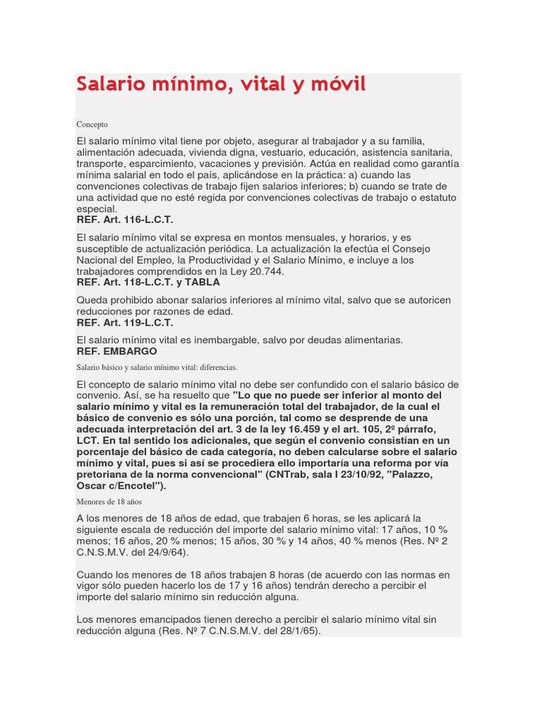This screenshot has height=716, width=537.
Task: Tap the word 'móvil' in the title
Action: (336, 85)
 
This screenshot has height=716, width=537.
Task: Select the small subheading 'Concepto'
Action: (92, 124)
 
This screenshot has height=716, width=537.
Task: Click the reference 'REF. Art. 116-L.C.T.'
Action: (124, 220)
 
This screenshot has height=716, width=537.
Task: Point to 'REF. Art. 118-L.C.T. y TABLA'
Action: (148, 282)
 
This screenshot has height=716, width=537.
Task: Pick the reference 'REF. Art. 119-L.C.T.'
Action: (124, 322)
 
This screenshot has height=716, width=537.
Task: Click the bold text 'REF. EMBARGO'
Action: (117, 351)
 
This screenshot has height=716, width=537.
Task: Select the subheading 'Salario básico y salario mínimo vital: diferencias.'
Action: (157, 367)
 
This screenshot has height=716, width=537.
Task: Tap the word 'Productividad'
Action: (202, 260)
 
